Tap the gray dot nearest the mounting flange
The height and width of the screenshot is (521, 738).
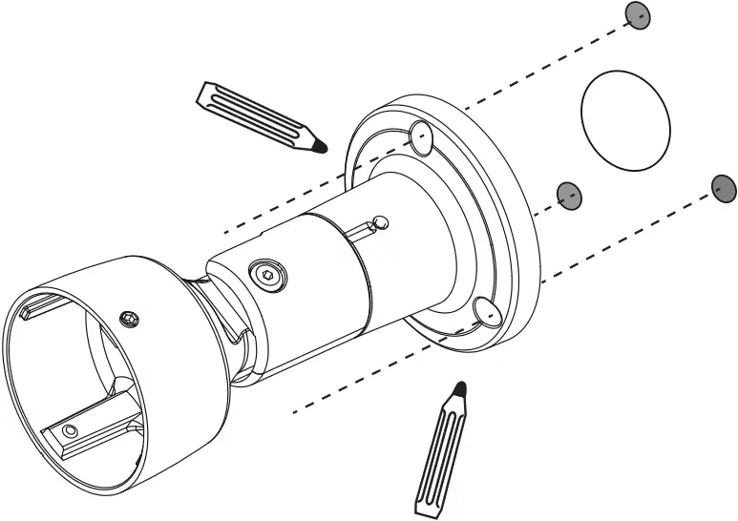pyautogui.click(x=569, y=195)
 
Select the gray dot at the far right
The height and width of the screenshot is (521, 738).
pyautogui.click(x=724, y=188)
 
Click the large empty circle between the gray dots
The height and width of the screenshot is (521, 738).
pyautogui.click(x=625, y=120)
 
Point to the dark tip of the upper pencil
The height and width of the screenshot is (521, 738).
pyautogui.click(x=322, y=146)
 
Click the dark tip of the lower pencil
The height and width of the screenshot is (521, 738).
pyautogui.click(x=461, y=387)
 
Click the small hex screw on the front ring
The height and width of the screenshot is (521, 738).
pyautogui.click(x=129, y=317)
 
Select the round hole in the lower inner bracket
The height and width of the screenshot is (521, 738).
pyautogui.click(x=70, y=431)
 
